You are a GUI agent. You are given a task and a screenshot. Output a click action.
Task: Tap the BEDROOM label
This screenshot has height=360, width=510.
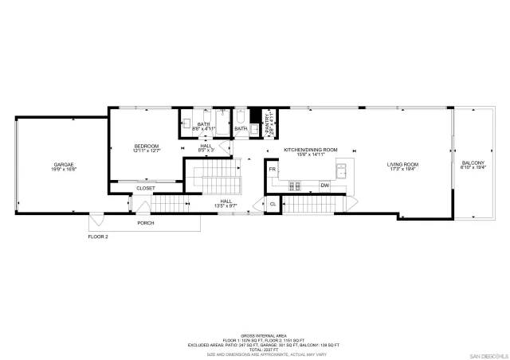(x=147, y=146)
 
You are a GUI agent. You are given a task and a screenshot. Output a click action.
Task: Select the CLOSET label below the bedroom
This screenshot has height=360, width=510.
(x=145, y=188)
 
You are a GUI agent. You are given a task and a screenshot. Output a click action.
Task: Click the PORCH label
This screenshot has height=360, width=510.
(x=145, y=222)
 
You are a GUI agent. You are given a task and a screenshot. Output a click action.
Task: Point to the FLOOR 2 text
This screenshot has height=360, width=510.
(x=98, y=237)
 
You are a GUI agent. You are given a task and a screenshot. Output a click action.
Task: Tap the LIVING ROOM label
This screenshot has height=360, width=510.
(x=403, y=164)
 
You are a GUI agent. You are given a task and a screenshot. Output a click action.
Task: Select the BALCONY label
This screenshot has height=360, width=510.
(x=473, y=164)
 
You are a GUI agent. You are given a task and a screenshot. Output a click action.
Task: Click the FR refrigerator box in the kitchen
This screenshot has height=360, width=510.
(x=273, y=170)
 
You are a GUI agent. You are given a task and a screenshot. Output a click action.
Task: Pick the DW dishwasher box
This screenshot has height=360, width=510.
(x=325, y=185)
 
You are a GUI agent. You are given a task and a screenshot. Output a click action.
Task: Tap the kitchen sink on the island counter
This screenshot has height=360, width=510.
(x=341, y=169)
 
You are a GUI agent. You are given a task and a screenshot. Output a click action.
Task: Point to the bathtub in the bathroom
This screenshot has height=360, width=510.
(x=241, y=125)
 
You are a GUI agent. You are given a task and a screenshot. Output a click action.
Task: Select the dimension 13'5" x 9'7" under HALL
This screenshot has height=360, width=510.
(x=226, y=206)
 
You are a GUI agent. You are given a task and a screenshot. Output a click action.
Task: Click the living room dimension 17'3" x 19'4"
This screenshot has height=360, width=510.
(x=403, y=169)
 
